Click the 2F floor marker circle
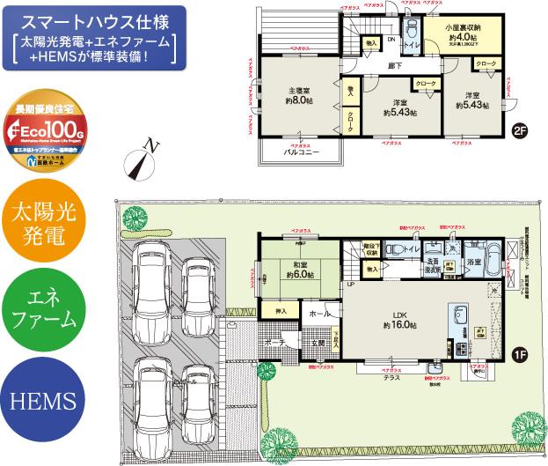(520, 132)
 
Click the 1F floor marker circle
(520, 356)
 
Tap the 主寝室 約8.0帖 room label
(298, 95)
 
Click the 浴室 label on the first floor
(474, 263)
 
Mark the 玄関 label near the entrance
(317, 343)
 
